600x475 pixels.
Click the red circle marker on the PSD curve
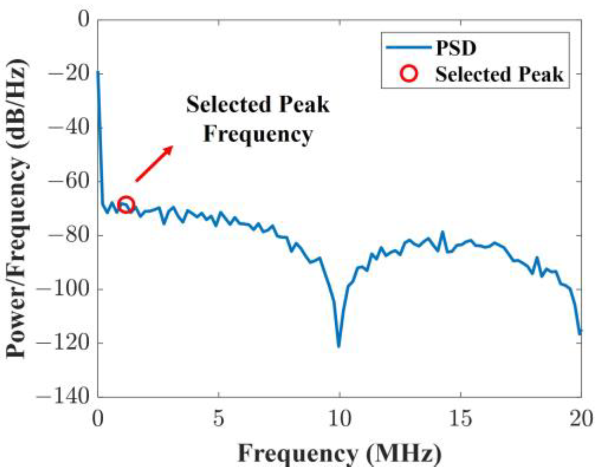(x=126, y=205)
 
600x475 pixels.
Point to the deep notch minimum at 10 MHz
(x=338, y=346)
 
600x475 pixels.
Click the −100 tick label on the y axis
(x=64, y=290)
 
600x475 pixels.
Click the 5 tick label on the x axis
(x=218, y=419)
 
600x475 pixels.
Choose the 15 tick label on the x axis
(x=460, y=419)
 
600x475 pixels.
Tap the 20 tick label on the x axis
(x=581, y=419)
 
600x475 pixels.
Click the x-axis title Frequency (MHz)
(x=339, y=454)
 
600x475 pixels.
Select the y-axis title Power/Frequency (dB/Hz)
(x=18, y=208)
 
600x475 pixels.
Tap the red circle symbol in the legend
(x=409, y=73)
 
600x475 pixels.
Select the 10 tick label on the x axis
(x=339, y=419)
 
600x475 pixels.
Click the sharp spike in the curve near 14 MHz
(x=442, y=232)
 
